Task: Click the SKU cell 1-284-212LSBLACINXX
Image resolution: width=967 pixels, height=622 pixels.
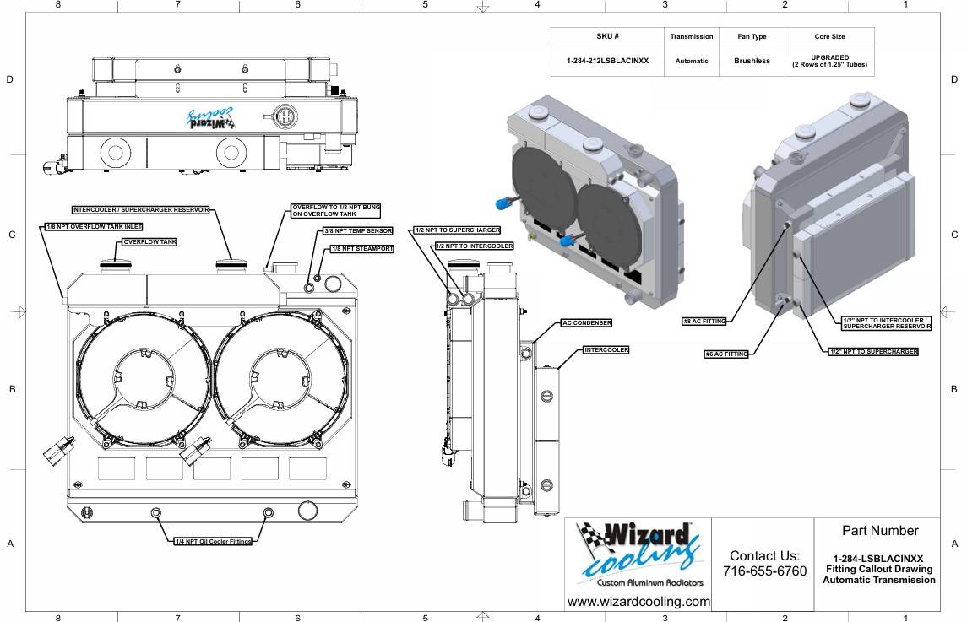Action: [x=607, y=61]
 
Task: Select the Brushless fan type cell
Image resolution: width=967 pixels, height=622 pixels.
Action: [x=752, y=61]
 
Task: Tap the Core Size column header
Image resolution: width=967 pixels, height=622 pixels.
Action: [x=829, y=36]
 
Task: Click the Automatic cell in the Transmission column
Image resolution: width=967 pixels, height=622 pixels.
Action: [x=692, y=61]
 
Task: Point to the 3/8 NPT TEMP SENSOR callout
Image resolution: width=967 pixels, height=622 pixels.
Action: [x=358, y=231]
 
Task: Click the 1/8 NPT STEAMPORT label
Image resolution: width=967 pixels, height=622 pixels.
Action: [x=362, y=249]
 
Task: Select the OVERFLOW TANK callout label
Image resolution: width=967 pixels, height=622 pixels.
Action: [x=149, y=242]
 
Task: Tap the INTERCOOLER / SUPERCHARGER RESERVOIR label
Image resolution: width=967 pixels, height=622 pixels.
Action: [x=140, y=210]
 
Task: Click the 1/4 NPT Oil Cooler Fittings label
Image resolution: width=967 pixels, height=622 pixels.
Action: [x=214, y=541]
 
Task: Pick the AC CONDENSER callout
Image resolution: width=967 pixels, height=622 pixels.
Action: [x=586, y=323]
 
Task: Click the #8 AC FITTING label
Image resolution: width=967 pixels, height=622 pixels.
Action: [x=704, y=322]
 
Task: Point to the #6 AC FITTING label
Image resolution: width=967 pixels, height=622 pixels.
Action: [x=726, y=354]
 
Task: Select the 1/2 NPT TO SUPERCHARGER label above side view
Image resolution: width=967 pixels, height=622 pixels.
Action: [x=457, y=230]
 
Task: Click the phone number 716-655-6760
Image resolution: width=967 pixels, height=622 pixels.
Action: [x=764, y=571]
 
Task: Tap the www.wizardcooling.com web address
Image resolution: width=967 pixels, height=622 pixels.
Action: [x=638, y=602]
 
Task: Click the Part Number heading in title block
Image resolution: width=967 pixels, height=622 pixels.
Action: [x=880, y=531]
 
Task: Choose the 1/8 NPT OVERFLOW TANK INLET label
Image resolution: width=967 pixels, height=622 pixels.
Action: [x=94, y=227]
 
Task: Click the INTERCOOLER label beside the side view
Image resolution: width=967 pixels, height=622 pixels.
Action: [x=606, y=350]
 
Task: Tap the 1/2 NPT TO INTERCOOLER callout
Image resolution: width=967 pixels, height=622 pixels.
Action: [x=475, y=246]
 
